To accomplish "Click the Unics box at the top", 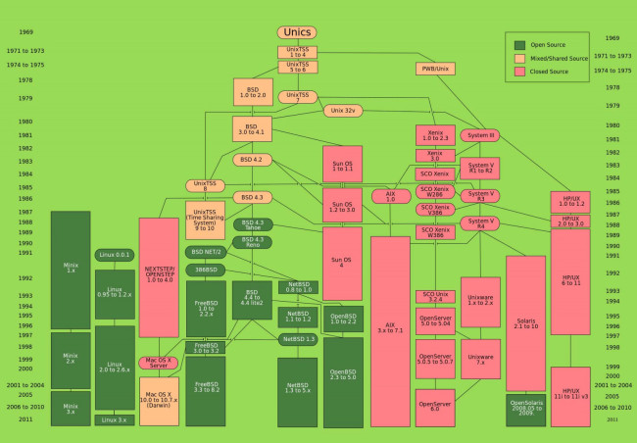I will click(297, 32).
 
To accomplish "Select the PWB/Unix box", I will click(434, 69).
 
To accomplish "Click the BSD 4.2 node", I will click(252, 160).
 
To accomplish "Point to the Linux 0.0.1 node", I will click(115, 255).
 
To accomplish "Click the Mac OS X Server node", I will click(159, 364).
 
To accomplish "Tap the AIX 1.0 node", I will click(390, 196).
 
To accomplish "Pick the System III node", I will click(480, 135).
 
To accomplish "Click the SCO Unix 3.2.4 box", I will click(435, 296).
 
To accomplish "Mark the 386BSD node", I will click(205, 270).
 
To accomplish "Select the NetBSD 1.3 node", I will click(298, 339).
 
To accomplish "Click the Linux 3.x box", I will click(115, 419).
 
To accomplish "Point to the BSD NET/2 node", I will click(205, 252).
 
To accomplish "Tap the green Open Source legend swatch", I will click(519, 45).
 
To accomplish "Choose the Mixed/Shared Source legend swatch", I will click(519, 58).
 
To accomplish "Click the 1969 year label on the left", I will click(25, 32).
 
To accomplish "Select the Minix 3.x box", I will click(71, 408).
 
